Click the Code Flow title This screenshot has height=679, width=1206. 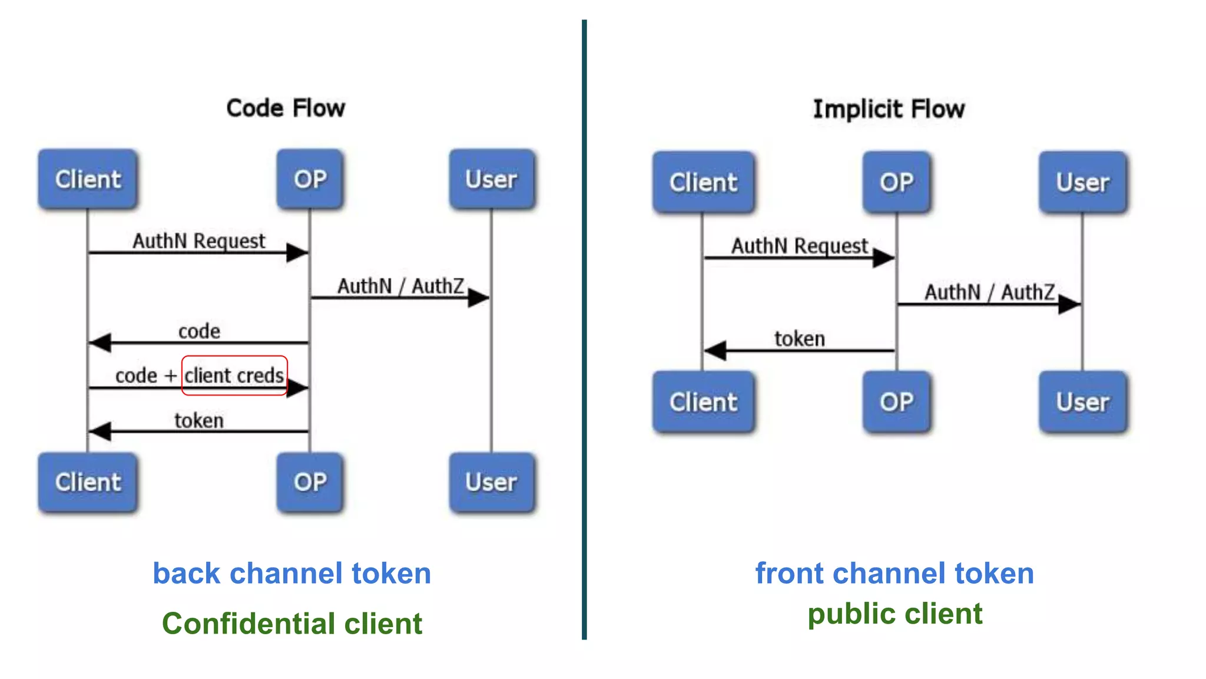pyautogui.click(x=286, y=108)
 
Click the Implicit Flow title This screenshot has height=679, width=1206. pyautogui.click(x=889, y=110)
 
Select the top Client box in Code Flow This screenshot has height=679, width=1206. pyautogui.click(x=88, y=179)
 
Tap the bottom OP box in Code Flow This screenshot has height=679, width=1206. pyautogui.click(x=310, y=482)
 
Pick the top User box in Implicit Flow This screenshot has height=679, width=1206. pyautogui.click(x=1082, y=182)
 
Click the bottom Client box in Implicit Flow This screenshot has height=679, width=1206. pyautogui.click(x=703, y=402)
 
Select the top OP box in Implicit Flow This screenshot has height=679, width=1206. pyautogui.click(x=896, y=182)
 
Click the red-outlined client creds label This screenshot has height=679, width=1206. pyautogui.click(x=234, y=375)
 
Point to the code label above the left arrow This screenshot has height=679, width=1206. pyautogui.click(x=199, y=331)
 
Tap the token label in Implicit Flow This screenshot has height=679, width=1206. pyautogui.click(x=799, y=339)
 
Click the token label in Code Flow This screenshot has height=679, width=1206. pyautogui.click(x=199, y=421)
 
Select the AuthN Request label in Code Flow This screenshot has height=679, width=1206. pyautogui.click(x=199, y=241)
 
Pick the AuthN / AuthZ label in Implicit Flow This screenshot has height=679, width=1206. pyautogui.click(x=989, y=292)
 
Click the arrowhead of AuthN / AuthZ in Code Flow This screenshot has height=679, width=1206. pyautogui.click(x=479, y=298)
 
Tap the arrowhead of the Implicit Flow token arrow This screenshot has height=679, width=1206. pyautogui.click(x=715, y=351)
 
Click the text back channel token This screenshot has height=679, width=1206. pyautogui.click(x=291, y=573)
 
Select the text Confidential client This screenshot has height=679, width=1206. pyautogui.click(x=291, y=624)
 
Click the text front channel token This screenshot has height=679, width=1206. pyautogui.click(x=894, y=573)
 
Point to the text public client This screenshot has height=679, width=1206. pyautogui.click(x=894, y=614)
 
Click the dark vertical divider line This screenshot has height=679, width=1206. pyautogui.click(x=584, y=330)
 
